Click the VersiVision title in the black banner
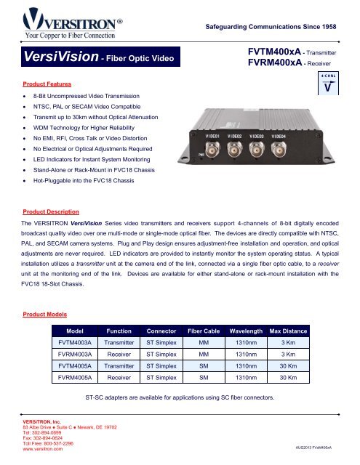click(52, 55)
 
